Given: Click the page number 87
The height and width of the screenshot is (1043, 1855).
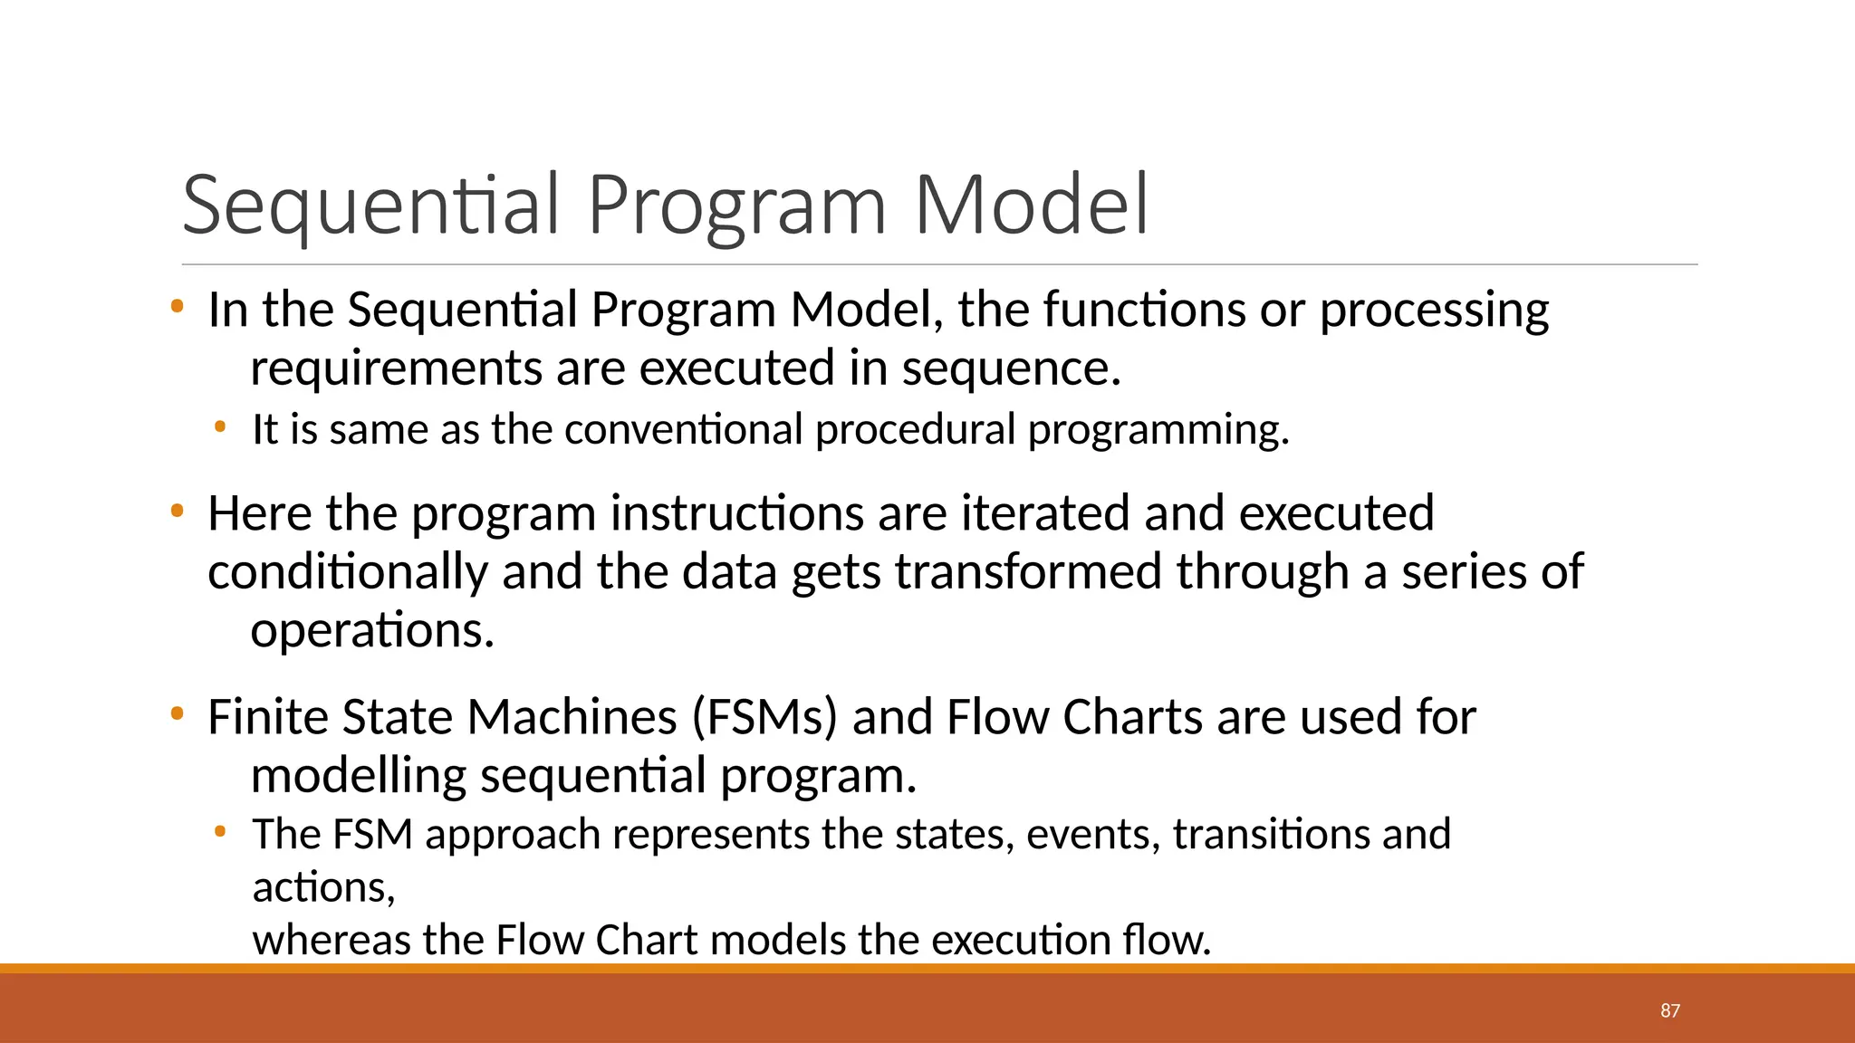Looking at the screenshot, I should (x=1670, y=1010).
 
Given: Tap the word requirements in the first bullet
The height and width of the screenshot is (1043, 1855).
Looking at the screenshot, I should (x=395, y=369).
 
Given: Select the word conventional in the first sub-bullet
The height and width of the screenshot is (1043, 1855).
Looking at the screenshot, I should (x=683, y=429).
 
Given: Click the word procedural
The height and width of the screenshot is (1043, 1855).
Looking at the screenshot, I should (x=915, y=429).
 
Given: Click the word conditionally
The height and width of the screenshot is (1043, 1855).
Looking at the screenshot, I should (x=348, y=572).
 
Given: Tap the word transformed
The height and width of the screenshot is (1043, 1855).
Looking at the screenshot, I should (x=1028, y=572).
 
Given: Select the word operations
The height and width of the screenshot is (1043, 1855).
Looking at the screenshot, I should (x=371, y=630).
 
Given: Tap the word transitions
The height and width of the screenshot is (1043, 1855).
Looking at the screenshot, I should (x=1270, y=834).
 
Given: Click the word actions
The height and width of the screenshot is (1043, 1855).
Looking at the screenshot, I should (x=322, y=887).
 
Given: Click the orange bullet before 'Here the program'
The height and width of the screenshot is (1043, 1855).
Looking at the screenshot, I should (x=177, y=512).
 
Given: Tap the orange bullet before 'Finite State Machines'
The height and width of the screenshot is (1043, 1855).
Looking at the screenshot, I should (x=177, y=715).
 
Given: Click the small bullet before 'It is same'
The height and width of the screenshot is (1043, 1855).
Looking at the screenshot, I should (x=219, y=426).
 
